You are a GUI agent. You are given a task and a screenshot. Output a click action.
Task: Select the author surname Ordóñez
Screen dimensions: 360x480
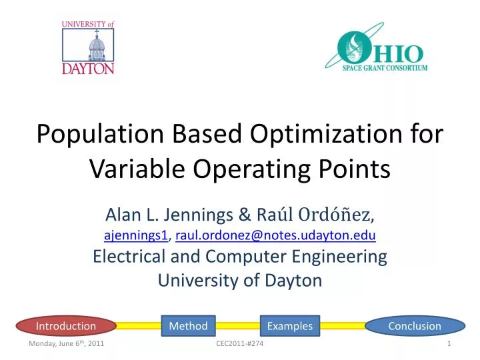(339, 216)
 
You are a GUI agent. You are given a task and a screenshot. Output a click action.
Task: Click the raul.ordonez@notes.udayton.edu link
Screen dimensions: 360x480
(275, 235)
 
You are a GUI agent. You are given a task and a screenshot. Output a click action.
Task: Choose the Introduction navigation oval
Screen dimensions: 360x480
(66, 326)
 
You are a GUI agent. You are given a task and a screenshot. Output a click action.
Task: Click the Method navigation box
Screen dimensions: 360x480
(188, 326)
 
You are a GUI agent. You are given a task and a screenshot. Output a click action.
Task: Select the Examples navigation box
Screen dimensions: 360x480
(289, 326)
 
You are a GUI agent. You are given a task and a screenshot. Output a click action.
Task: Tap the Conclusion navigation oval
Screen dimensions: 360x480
(415, 326)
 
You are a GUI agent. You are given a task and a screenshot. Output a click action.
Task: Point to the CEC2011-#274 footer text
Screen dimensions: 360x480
(239, 343)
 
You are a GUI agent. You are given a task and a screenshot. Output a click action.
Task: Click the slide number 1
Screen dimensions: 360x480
(451, 343)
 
